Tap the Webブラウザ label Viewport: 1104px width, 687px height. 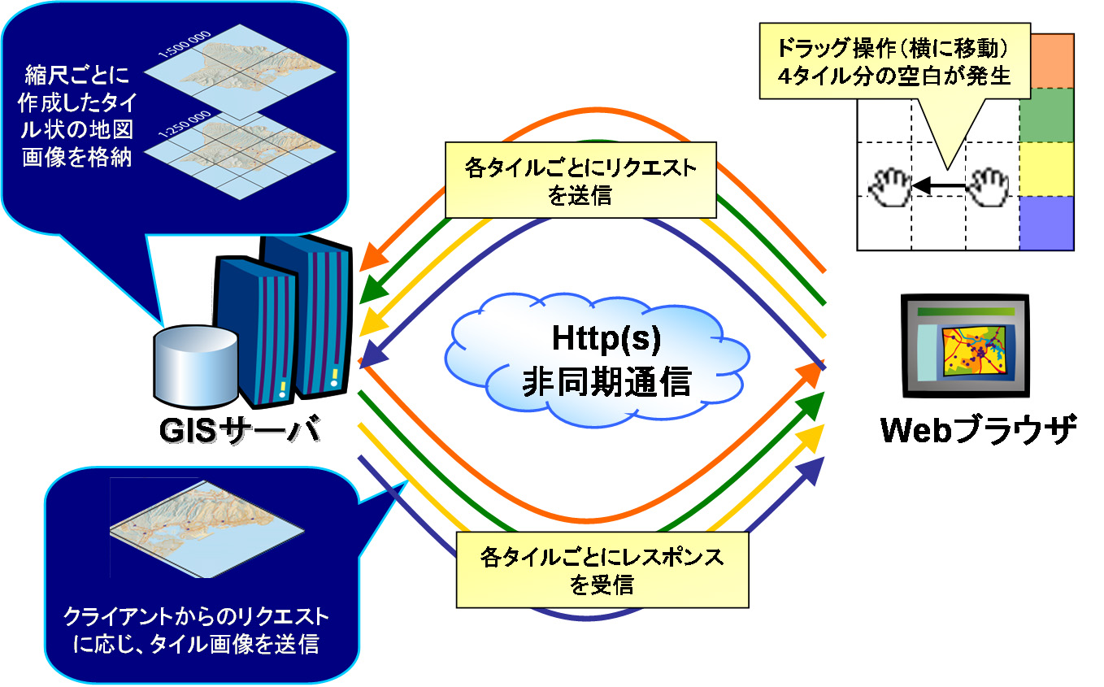click(979, 430)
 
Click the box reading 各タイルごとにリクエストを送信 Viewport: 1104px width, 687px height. click(580, 180)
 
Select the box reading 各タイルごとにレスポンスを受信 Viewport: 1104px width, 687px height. click(602, 570)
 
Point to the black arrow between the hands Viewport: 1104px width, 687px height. click(938, 188)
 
